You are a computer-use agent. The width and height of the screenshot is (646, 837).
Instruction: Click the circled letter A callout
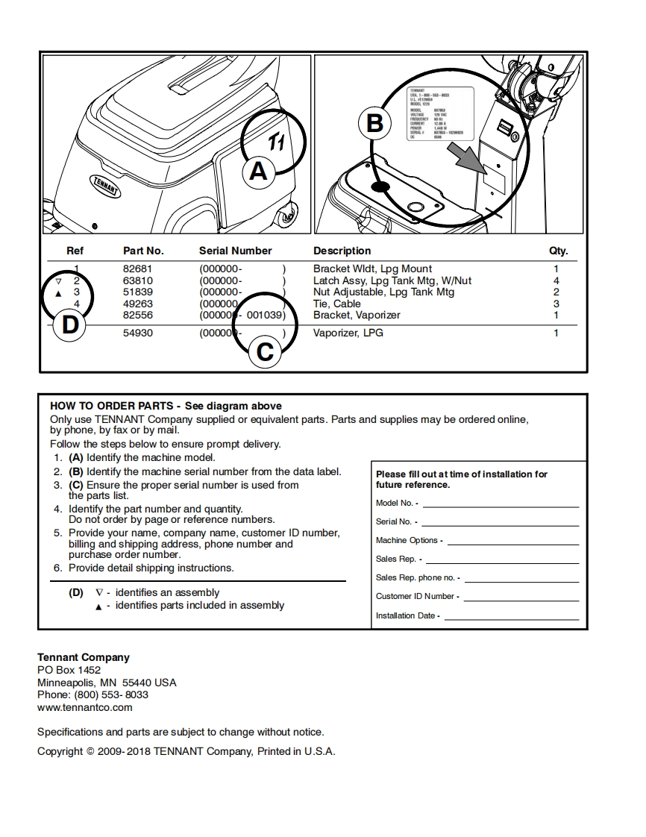257,172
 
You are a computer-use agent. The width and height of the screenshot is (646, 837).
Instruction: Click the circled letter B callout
374,123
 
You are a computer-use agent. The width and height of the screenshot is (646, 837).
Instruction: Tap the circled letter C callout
264,351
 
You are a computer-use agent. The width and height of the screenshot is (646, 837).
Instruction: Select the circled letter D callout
69,325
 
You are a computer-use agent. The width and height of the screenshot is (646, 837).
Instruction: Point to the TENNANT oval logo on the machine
106,184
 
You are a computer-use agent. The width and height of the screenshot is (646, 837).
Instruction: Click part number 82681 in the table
137,269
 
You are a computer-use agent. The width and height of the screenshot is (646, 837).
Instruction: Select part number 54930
137,333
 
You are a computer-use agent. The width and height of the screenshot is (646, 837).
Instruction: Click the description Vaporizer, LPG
348,333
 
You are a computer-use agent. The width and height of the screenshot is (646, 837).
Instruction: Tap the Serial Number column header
235,251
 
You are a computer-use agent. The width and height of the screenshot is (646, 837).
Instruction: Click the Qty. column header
558,251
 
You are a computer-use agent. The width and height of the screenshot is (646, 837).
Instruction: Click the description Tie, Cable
336,304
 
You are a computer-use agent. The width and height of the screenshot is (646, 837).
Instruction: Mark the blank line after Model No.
500,507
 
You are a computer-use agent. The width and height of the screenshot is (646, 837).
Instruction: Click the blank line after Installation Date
511,619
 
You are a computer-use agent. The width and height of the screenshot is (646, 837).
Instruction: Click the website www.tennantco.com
85,707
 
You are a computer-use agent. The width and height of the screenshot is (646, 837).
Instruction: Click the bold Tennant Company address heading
84,657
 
